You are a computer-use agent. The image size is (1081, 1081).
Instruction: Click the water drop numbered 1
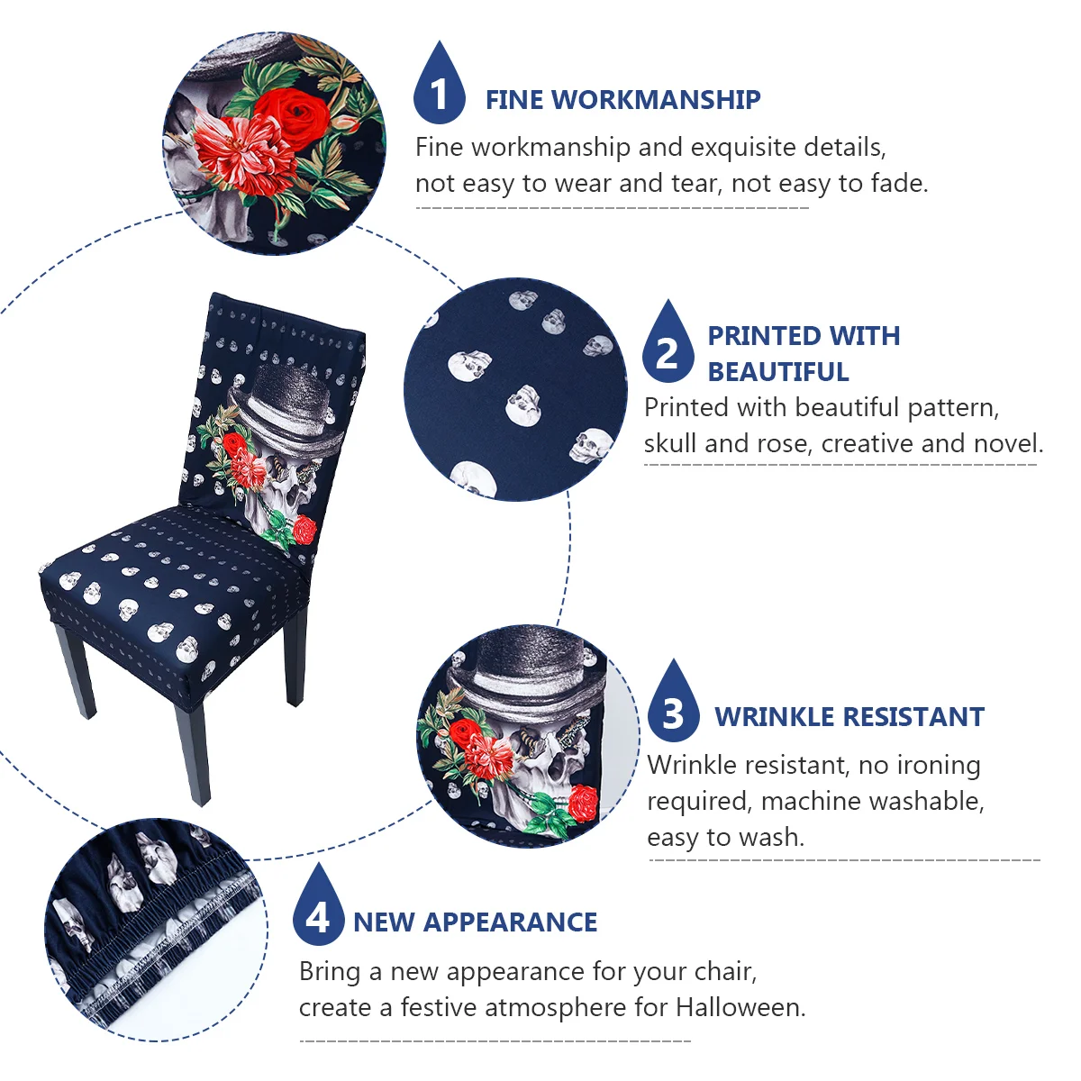[440, 83]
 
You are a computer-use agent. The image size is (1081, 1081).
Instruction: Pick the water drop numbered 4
[318, 904]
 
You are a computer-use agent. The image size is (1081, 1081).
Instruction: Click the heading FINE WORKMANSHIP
[622, 100]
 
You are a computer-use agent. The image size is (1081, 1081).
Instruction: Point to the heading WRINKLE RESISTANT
[849, 717]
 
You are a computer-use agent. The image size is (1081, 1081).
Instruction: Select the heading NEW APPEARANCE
[475, 922]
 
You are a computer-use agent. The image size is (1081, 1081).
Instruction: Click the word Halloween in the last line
[740, 1007]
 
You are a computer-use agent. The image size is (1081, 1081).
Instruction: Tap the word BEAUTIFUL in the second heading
[778, 372]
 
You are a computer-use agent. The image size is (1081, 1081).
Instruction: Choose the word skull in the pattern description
[670, 443]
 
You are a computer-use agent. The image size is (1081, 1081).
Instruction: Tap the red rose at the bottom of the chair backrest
[304, 530]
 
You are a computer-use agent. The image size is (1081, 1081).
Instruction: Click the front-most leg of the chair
[193, 755]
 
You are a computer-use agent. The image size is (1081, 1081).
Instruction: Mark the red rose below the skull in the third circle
[584, 804]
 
